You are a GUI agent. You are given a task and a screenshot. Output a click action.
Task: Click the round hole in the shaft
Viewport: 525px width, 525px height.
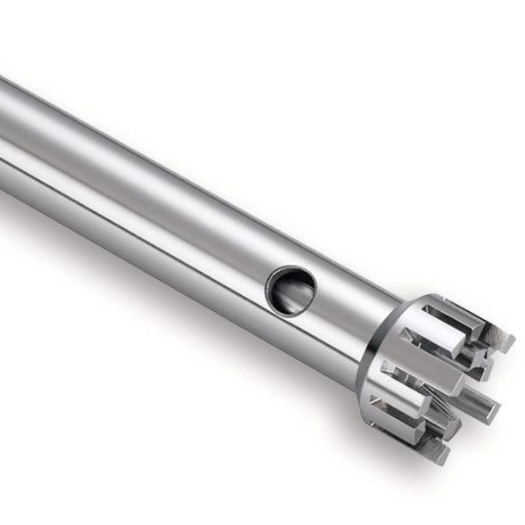click(293, 291)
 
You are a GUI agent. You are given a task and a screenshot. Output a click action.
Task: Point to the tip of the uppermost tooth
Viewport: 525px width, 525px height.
click(504, 340)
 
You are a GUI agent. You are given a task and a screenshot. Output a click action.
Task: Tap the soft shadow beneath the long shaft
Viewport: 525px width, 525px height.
click(178, 294)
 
